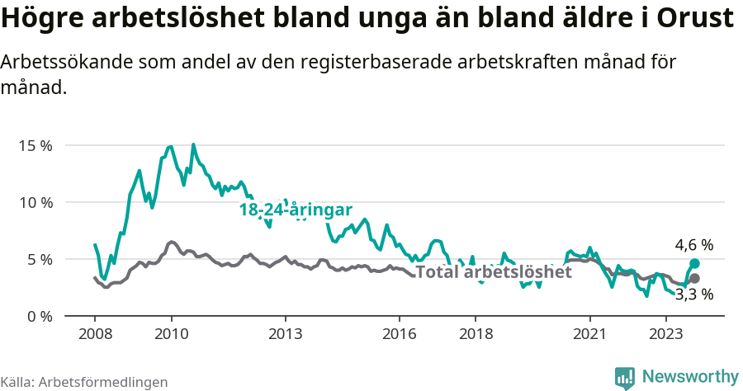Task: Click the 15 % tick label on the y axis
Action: click(35, 145)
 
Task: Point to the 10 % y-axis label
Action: click(35, 202)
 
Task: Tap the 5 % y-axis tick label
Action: click(38, 259)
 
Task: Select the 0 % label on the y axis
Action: click(38, 316)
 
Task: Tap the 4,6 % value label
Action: click(693, 245)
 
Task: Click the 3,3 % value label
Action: click(693, 294)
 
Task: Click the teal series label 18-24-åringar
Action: click(296, 210)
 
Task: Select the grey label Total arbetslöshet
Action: click(493, 272)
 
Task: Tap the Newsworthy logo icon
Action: click(625, 377)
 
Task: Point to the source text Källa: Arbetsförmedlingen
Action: click(84, 382)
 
